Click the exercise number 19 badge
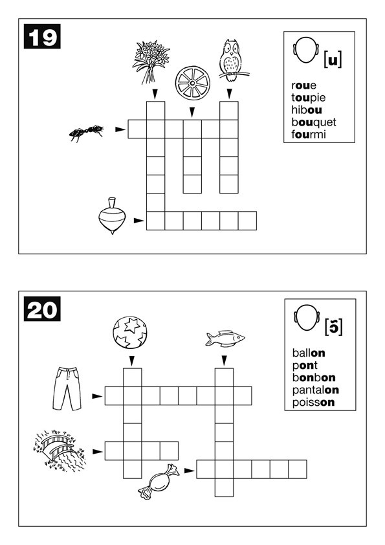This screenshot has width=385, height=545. (42, 36)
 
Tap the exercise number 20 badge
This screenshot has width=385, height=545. (42, 309)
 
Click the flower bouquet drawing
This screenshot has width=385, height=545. (151, 62)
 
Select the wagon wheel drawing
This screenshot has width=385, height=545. (193, 83)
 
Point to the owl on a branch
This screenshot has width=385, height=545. (232, 61)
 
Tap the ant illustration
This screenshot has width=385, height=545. (87, 133)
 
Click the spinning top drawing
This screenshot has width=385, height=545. (112, 216)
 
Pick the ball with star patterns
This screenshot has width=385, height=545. (130, 332)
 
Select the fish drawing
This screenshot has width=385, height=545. (225, 339)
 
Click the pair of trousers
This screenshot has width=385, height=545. (67, 388)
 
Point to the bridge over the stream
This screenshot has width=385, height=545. (60, 450)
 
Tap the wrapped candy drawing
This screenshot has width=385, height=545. (159, 482)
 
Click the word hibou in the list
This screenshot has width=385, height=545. (307, 110)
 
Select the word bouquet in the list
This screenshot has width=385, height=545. (314, 122)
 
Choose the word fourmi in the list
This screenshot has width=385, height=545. (309, 134)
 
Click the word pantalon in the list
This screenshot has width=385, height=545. (316, 390)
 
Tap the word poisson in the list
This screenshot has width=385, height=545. (313, 403)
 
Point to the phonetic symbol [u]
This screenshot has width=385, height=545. (333, 60)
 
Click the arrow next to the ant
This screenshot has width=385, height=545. (120, 129)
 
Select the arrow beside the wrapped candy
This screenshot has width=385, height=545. (190, 471)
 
